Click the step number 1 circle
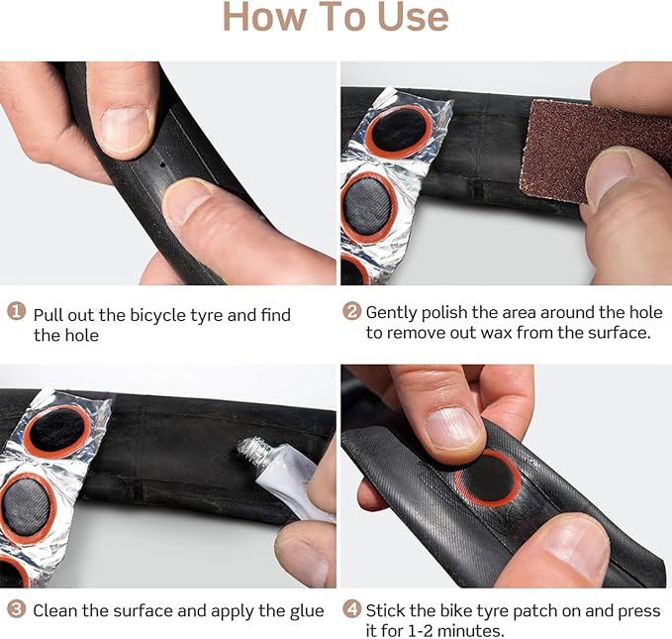coord(17,312)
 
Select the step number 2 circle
coord(351,311)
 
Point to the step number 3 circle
coord(17,609)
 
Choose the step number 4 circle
coord(351,609)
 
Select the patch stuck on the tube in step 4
coord(489,479)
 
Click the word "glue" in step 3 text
coord(303,610)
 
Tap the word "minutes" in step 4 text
coord(455,631)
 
